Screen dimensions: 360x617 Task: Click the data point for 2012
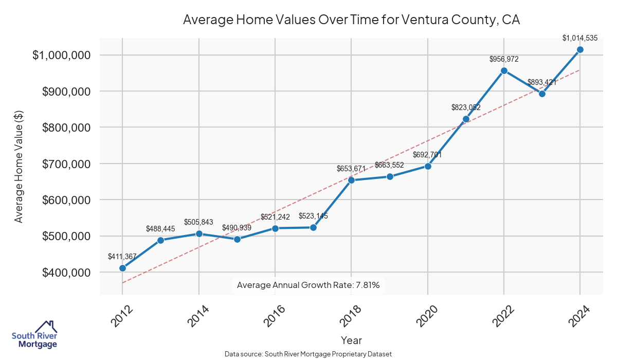122,268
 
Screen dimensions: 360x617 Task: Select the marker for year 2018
351,180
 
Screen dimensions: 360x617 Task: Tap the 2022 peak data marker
504,70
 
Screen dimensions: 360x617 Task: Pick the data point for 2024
580,49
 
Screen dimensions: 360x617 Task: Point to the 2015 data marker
237,239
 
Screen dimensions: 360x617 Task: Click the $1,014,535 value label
580,38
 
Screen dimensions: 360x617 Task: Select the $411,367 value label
122,256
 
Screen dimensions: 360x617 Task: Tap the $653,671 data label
351,168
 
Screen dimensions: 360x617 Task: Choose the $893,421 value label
542,82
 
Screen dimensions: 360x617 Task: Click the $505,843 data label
199,222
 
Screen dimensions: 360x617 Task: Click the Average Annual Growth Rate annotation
308,285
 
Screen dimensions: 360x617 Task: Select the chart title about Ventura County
351,21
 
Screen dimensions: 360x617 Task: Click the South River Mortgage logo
34,335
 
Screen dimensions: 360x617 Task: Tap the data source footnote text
308,354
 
